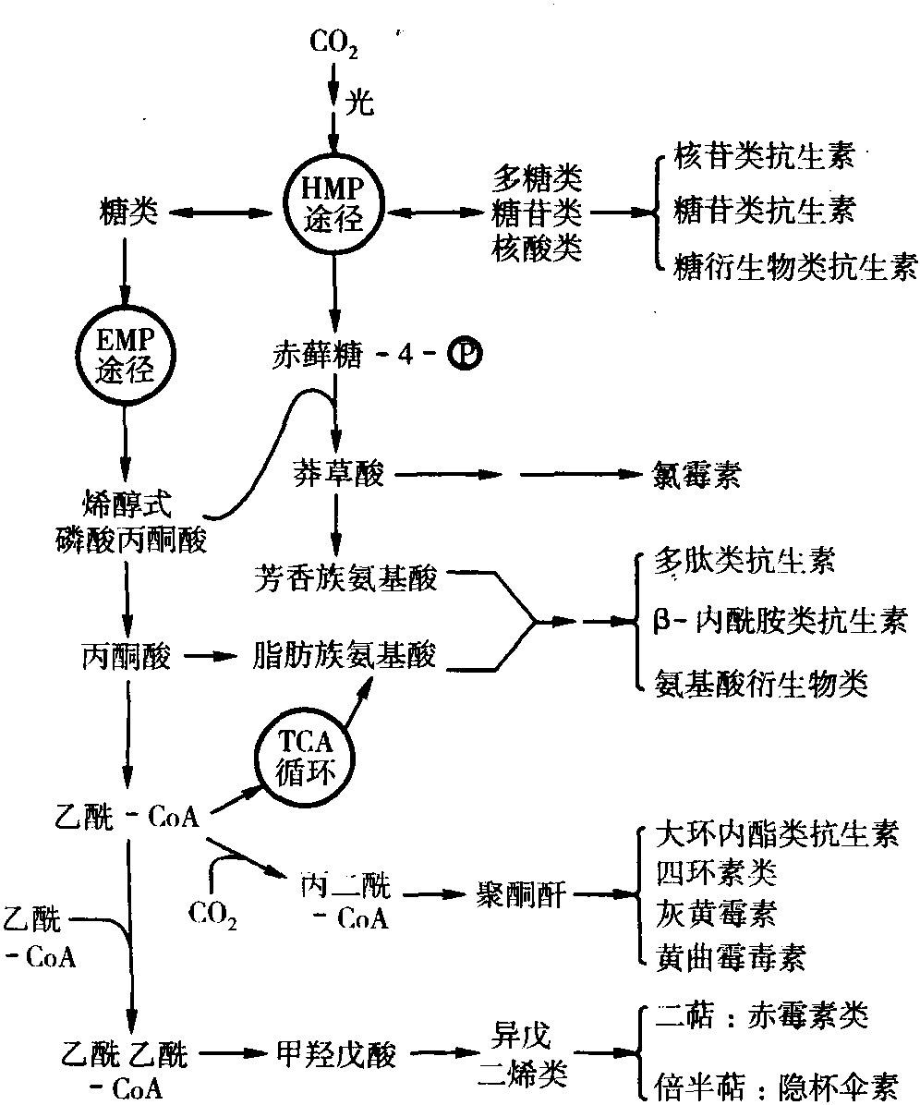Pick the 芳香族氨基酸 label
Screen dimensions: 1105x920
click(345, 579)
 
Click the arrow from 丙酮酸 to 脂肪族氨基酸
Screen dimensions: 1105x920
click(210, 657)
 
